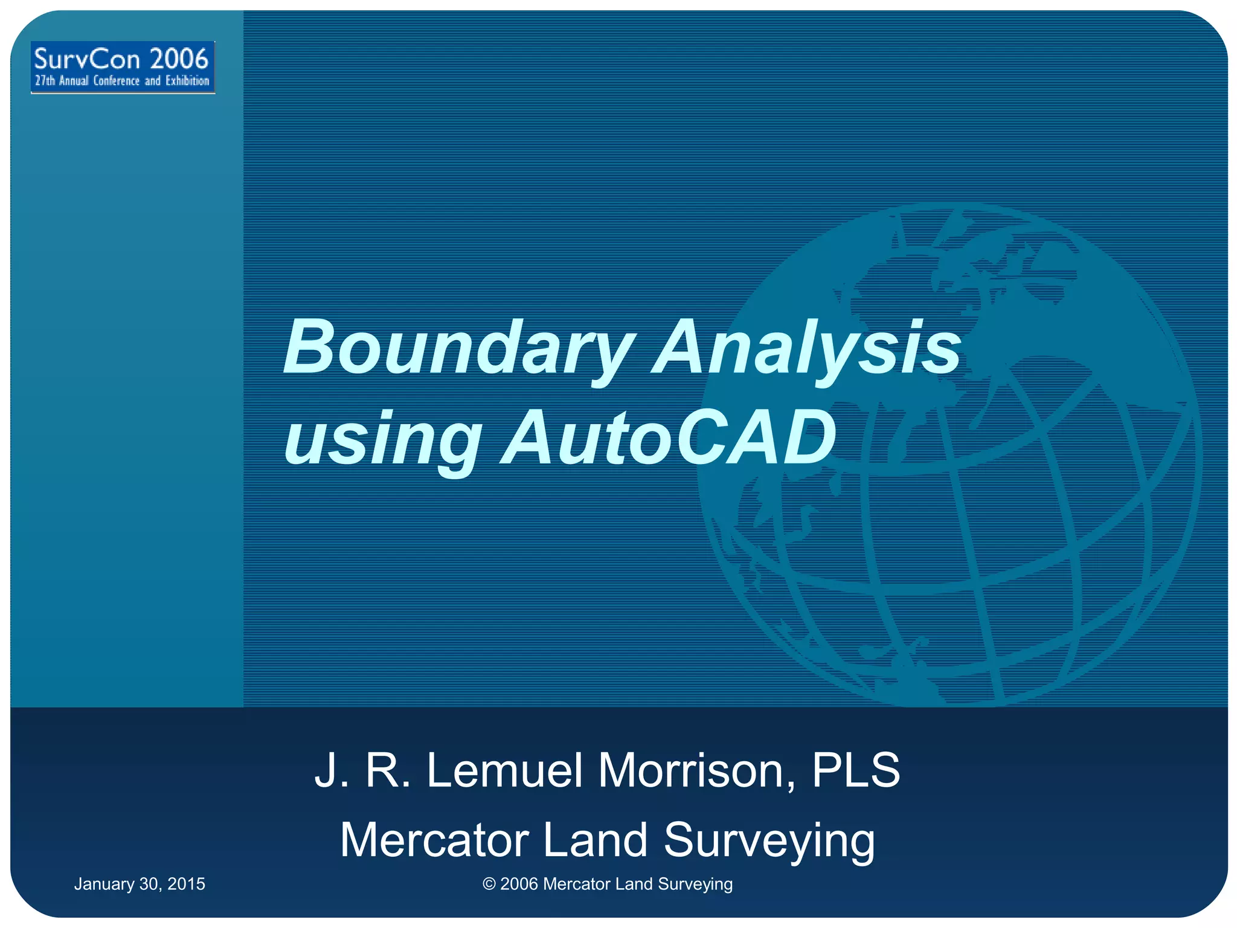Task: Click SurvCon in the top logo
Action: pyautogui.click(x=87, y=59)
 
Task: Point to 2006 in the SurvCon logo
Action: pyautogui.click(x=179, y=59)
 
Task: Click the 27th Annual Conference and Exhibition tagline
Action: pyautogui.click(x=122, y=81)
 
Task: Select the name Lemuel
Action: pyautogui.click(x=505, y=770)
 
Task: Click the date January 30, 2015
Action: pyautogui.click(x=140, y=884)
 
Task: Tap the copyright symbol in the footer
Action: pyautogui.click(x=489, y=884)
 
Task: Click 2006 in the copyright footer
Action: pyautogui.click(x=519, y=884)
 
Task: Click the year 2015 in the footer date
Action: pyautogui.click(x=186, y=884)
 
